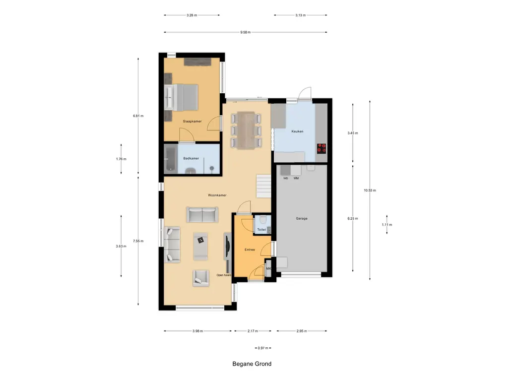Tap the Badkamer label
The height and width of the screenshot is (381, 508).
pyautogui.click(x=191, y=158)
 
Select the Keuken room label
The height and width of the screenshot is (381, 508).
pyautogui.click(x=297, y=131)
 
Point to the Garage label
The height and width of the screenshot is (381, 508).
pyautogui.click(x=302, y=218)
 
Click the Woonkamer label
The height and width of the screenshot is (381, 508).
pyautogui.click(x=217, y=195)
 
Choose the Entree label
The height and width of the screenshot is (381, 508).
pyautogui.click(x=249, y=250)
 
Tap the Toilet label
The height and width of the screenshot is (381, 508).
pyautogui.click(x=261, y=230)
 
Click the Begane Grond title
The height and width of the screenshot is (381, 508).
pyautogui.click(x=252, y=364)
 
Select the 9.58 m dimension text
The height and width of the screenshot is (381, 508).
pyautogui.click(x=245, y=32)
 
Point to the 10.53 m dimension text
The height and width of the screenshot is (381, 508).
pyautogui.click(x=370, y=190)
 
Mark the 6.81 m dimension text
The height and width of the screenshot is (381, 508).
pyautogui.click(x=138, y=116)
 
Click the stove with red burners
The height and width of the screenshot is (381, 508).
pyautogui.click(x=321, y=147)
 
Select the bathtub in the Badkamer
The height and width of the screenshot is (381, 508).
pyautogui.click(x=170, y=159)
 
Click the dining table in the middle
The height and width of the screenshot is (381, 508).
pyautogui.click(x=246, y=130)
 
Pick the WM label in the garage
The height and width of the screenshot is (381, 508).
pyautogui.click(x=296, y=178)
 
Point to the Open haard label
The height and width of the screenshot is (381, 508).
pyautogui.click(x=224, y=275)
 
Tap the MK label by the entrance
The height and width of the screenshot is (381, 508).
pyautogui.click(x=268, y=269)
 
